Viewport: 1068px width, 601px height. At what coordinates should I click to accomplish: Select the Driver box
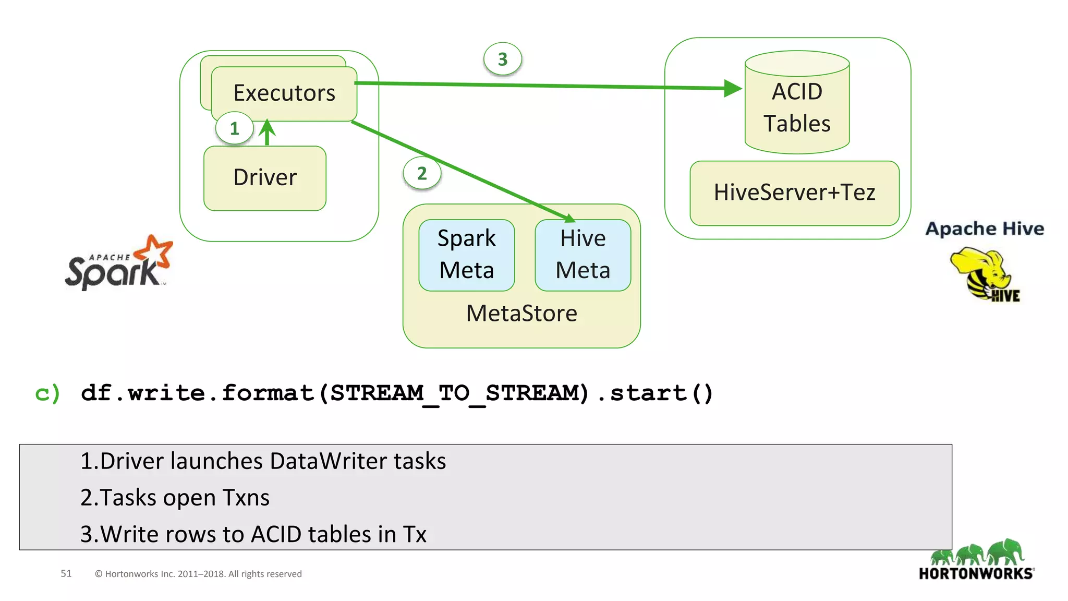coord(265,178)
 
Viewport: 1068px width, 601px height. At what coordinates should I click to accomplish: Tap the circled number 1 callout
coord(234,128)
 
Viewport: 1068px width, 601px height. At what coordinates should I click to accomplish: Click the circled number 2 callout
coord(422,173)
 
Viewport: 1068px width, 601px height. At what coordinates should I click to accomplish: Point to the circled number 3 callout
coord(502,59)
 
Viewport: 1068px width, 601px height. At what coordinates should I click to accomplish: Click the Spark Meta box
coord(467,255)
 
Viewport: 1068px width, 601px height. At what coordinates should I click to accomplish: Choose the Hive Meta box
coord(582,255)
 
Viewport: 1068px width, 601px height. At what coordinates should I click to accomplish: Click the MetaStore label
coord(521,314)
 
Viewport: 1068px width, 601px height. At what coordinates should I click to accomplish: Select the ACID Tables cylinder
coord(797,107)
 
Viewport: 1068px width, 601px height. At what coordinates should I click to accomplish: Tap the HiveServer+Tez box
coord(794,193)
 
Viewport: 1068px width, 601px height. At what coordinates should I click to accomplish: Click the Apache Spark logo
coord(119,263)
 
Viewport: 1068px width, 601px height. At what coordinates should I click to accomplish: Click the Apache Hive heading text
coord(985,229)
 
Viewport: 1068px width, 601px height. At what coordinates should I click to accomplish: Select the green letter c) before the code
coord(47,393)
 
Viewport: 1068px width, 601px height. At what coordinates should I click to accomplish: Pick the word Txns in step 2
coord(246,498)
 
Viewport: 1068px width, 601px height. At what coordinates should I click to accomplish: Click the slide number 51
coord(66,573)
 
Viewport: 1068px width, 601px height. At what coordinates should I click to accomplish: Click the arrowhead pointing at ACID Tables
coord(733,88)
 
